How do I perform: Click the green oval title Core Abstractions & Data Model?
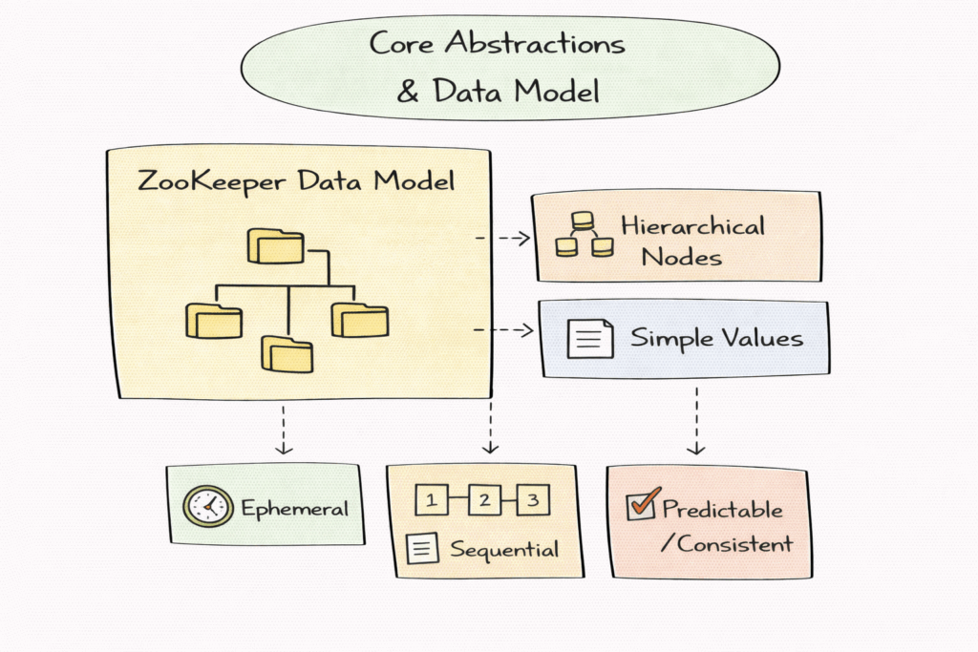click(x=497, y=67)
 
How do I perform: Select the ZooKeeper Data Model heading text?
click(x=296, y=180)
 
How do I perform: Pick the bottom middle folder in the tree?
click(x=287, y=353)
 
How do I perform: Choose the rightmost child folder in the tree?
click(x=359, y=319)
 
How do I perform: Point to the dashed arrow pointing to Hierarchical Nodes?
click(x=502, y=238)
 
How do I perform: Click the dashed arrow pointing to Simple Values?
click(x=502, y=330)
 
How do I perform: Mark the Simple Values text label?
click(x=716, y=339)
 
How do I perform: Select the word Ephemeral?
click(x=294, y=508)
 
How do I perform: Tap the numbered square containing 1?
click(x=432, y=499)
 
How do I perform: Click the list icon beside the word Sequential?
click(x=422, y=549)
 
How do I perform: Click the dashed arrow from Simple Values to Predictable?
click(x=696, y=419)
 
